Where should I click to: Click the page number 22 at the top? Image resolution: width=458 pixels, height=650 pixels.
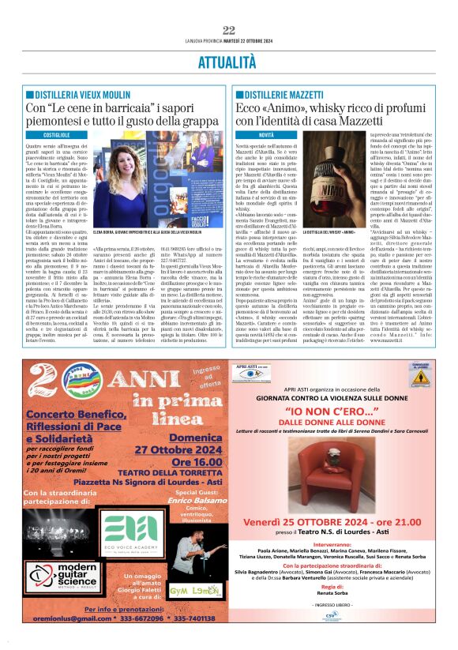click(x=229, y=30)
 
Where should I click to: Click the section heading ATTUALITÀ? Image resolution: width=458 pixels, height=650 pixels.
click(x=229, y=60)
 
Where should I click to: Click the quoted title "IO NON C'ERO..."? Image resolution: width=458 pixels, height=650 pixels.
click(x=331, y=411)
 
